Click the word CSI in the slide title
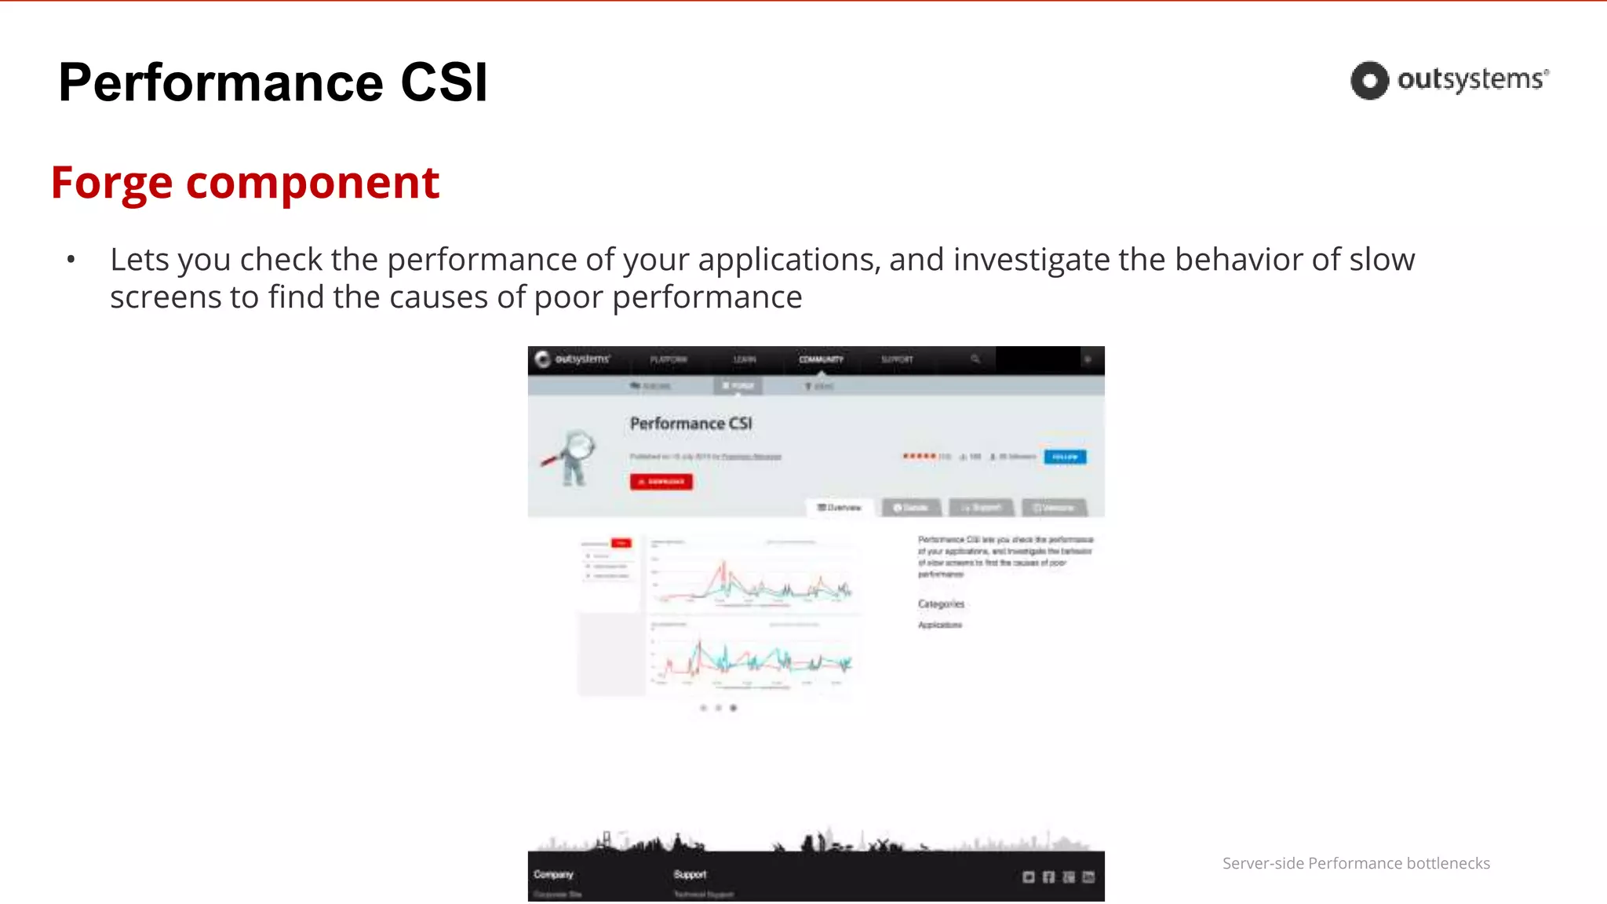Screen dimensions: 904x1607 (444, 82)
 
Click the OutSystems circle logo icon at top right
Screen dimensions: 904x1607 (1369, 80)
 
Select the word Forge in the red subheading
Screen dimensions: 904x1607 (111, 183)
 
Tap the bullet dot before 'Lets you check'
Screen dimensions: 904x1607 (71, 259)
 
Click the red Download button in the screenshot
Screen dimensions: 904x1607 (661, 481)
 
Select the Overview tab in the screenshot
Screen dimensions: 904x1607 (839, 508)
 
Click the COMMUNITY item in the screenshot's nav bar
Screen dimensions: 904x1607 (821, 359)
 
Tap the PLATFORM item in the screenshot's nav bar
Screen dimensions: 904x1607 (668, 359)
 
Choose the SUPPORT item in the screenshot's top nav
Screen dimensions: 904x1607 (897, 359)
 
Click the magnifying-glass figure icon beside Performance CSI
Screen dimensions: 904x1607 (571, 457)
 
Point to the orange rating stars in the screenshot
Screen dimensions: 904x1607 (919, 456)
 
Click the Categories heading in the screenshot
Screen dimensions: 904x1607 (941, 604)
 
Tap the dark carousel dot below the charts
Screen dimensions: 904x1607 (733, 708)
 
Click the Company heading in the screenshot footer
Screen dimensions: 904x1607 (553, 874)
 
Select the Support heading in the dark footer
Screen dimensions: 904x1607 (690, 874)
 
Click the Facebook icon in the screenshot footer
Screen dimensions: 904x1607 (1048, 877)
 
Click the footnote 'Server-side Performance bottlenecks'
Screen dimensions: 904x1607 (1356, 863)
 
